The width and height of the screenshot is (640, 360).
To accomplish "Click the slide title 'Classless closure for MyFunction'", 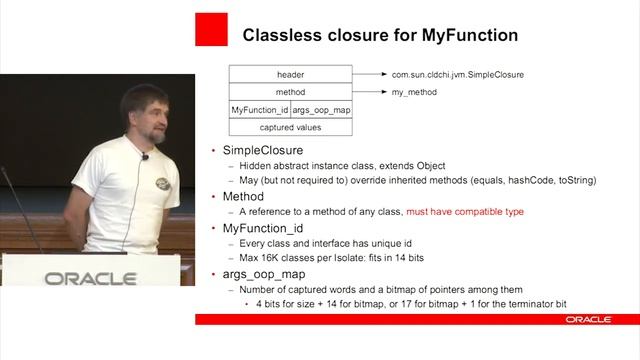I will click(x=380, y=35).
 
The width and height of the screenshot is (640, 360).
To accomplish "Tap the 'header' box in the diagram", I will click(x=290, y=74).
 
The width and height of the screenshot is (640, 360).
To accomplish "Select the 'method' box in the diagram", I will click(x=290, y=92).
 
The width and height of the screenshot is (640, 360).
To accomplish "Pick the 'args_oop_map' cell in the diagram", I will click(x=321, y=109).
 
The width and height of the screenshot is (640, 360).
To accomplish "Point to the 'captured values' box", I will click(x=290, y=127).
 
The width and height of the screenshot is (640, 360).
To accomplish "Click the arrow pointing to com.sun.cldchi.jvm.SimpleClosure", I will click(x=368, y=74).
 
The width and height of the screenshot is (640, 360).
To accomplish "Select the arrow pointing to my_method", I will click(x=368, y=92).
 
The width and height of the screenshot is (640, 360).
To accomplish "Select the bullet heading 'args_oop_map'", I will click(x=263, y=273).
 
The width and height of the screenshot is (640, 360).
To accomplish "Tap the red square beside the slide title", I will click(x=211, y=29).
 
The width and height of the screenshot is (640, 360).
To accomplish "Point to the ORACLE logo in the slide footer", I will click(x=588, y=319).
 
